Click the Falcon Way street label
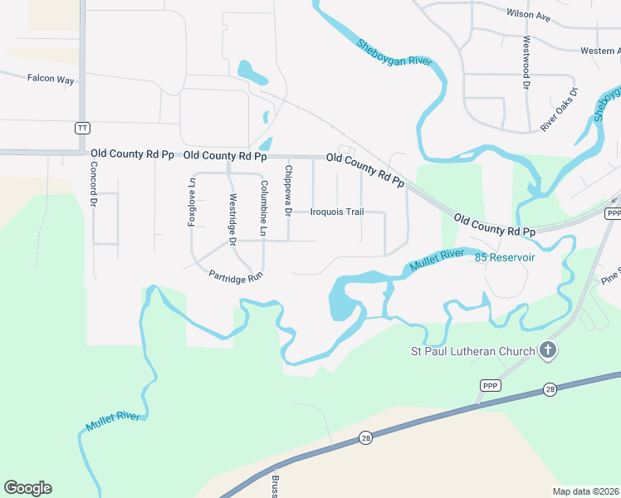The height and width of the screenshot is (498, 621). coord(51,79)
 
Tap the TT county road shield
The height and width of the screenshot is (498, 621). coord(81,128)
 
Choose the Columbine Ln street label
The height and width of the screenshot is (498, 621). coord(264,209)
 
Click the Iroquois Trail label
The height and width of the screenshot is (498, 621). coord(337,212)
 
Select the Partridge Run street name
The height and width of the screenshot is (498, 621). coord(236,278)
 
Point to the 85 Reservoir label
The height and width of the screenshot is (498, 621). coord(505,258)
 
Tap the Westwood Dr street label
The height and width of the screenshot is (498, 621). coord(526,62)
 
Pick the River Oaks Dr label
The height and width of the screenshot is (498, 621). coord(559,110)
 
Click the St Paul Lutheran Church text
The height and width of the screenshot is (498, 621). coord(473,351)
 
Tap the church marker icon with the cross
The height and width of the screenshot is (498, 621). coord(547,351)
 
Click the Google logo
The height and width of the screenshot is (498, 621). coord(27,488)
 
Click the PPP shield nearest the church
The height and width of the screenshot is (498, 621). coord(490,386)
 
